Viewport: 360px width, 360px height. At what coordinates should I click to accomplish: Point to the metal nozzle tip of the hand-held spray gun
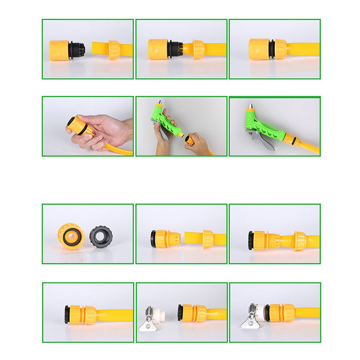pyautogui.click(x=161, y=102)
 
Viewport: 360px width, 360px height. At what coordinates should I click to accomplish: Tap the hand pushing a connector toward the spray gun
pyautogui.click(x=198, y=144)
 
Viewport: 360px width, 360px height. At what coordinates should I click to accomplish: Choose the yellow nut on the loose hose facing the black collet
pyautogui.click(x=114, y=50)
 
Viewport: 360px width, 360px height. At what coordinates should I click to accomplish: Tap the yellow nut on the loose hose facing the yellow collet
pyautogui.click(x=207, y=239)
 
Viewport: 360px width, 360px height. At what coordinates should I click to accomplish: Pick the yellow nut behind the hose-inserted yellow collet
pyautogui.click(x=300, y=241)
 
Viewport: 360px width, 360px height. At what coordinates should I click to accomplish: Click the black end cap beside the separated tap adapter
pyautogui.click(x=180, y=313)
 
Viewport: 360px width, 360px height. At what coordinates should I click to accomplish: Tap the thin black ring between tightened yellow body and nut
pyautogui.click(x=271, y=49)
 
